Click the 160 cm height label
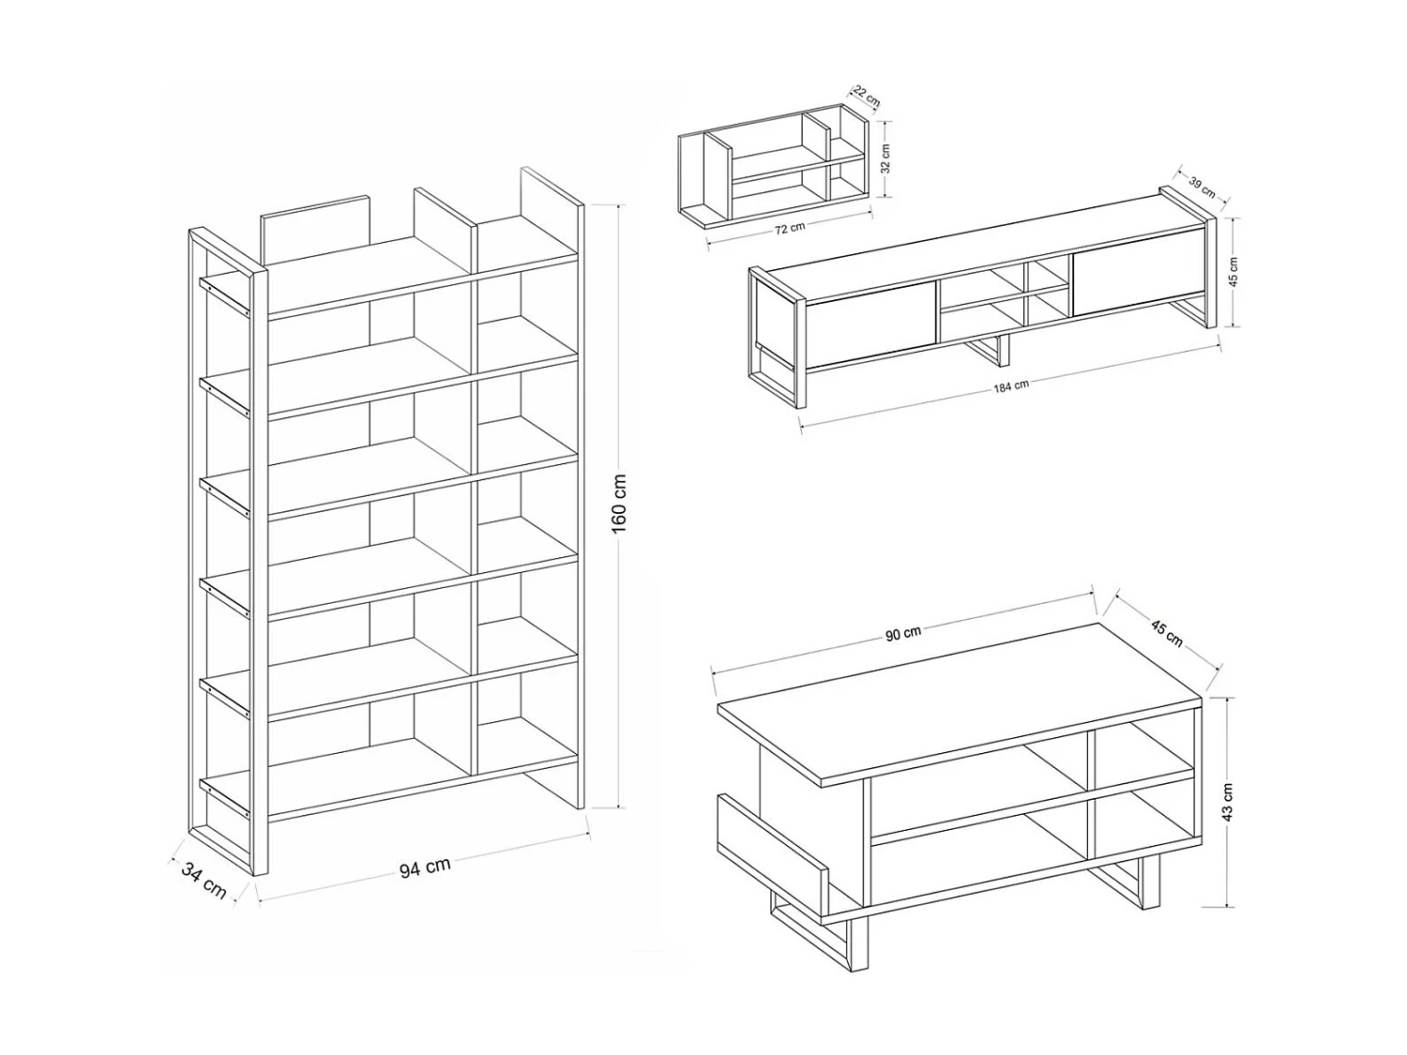(619, 504)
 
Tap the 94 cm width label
(425, 867)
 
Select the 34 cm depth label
(204, 881)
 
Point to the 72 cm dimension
(790, 228)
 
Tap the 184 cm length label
(1011, 386)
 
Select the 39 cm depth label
(1202, 187)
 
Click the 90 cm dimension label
(903, 634)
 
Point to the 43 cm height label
(1227, 802)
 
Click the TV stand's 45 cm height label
(1233, 272)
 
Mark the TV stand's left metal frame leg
(777, 337)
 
